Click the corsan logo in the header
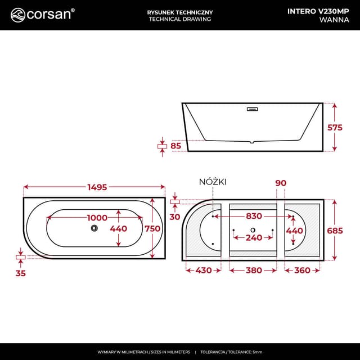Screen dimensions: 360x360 43,14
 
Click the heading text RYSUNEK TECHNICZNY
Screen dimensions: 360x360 179,10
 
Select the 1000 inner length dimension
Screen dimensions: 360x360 97,218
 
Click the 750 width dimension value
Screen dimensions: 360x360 154,228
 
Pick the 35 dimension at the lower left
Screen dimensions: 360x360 20,274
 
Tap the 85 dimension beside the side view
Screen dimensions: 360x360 175,146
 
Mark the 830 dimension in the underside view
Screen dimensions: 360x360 253,216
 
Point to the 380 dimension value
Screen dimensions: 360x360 253,271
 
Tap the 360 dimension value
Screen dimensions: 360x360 302,271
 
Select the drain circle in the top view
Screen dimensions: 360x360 94,228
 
